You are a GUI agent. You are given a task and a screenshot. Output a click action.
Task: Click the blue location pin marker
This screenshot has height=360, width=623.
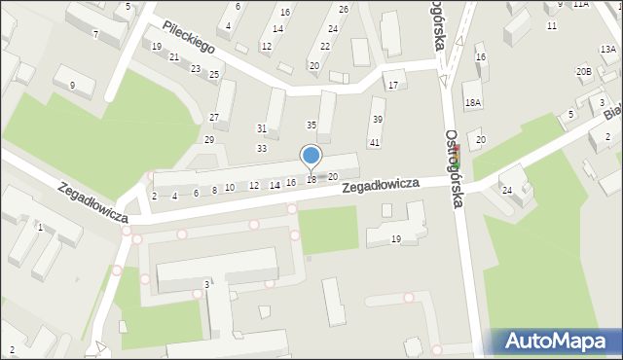(x=311, y=156)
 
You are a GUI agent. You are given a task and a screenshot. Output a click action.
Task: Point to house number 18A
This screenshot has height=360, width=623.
(x=472, y=102)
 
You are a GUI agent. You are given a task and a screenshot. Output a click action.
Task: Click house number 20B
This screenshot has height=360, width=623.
(x=583, y=71)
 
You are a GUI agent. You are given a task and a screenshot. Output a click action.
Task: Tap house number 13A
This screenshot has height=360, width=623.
(x=607, y=50)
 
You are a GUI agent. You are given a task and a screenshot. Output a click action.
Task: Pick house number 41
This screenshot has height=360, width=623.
(x=374, y=143)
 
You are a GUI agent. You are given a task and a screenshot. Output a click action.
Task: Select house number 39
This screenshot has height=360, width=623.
(x=377, y=119)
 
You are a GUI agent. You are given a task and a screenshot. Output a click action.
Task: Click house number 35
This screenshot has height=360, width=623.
(x=311, y=125)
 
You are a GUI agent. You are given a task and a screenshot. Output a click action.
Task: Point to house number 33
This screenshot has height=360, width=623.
(x=262, y=148)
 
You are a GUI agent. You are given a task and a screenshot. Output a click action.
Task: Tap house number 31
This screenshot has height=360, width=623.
(x=262, y=128)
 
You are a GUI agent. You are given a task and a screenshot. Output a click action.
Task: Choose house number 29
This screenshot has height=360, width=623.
(x=208, y=140)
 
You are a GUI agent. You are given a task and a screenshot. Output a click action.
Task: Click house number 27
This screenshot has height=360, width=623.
(x=214, y=117)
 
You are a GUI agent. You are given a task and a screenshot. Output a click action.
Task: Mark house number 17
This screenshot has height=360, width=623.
(x=392, y=86)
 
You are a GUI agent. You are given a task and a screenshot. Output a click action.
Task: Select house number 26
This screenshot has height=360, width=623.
(x=344, y=9)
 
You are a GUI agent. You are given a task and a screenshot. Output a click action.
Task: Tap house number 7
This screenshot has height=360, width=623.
(x=94, y=34)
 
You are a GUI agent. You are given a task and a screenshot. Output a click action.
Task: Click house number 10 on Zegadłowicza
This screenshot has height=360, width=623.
(x=230, y=188)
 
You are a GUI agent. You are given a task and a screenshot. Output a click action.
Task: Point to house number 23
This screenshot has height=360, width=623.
(x=196, y=68)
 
